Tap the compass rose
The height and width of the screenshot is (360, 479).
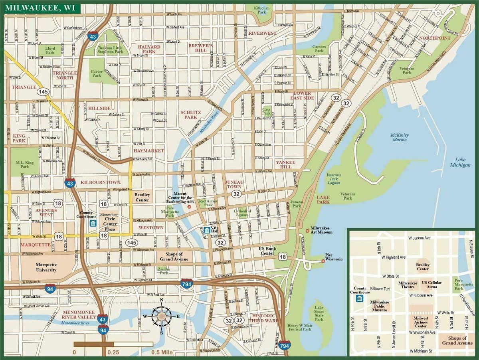pos(162,316)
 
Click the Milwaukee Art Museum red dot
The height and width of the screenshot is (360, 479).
pos(307,231)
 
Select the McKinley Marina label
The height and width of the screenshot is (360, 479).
pos(399,137)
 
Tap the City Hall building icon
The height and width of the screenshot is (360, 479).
pos(207,230)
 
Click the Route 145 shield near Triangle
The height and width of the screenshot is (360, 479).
pos(42,91)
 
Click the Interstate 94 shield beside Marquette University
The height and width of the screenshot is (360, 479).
pos(50,289)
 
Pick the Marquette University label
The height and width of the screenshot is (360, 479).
pos(46,267)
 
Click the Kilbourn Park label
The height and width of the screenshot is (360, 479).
pos(262,10)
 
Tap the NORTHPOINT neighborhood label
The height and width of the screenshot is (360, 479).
pos(435,38)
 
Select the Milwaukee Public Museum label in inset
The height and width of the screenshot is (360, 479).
pos(379,306)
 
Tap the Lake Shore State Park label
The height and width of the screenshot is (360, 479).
pos(319,313)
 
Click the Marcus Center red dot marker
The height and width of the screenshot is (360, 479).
pos(189,207)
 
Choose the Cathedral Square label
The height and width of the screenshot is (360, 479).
pos(242,213)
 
